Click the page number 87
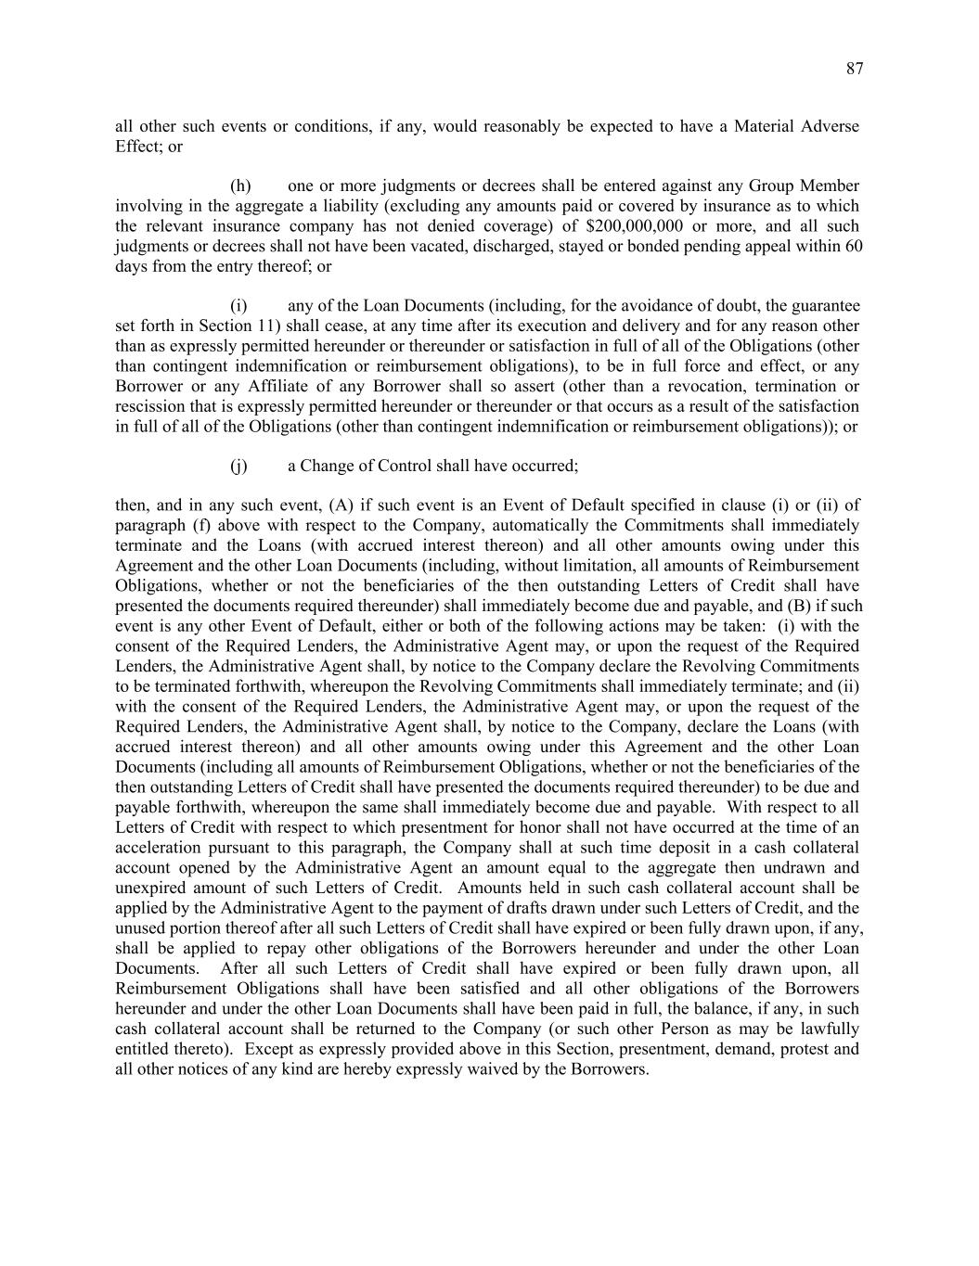(x=855, y=69)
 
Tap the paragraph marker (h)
(x=240, y=186)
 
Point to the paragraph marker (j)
(x=238, y=466)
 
